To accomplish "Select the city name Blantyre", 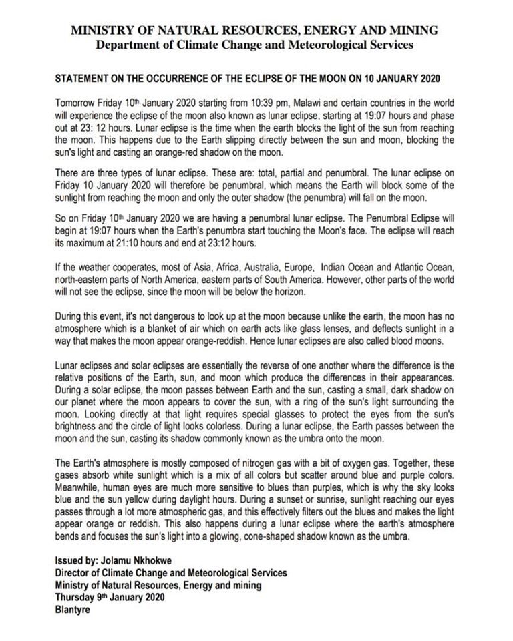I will click(73, 608).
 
